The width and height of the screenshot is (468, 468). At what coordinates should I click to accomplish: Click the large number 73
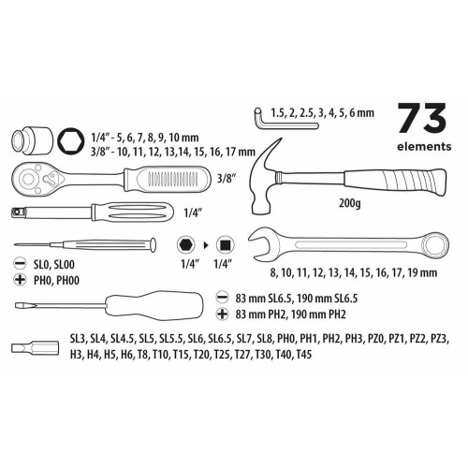coord(422,118)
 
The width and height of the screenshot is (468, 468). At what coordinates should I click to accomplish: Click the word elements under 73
coord(424,146)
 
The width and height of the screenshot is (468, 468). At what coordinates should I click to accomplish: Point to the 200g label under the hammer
coord(350,203)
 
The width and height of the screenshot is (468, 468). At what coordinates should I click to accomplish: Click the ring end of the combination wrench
coord(434,243)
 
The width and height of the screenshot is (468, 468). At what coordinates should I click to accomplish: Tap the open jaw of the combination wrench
coord(260,243)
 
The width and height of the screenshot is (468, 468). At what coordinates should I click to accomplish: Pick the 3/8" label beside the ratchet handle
coord(226,179)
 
